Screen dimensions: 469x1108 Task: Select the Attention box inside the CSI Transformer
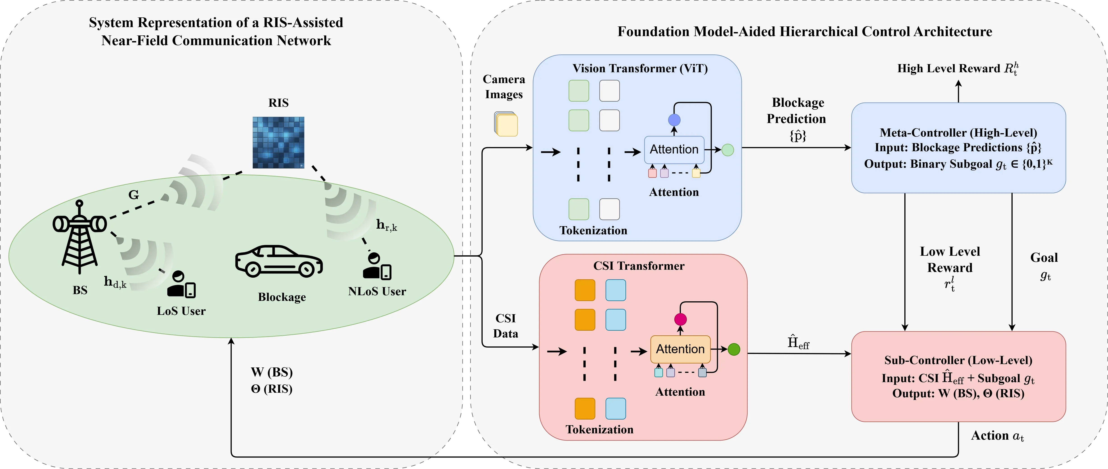tap(680, 349)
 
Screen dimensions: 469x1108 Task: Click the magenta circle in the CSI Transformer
tap(680, 319)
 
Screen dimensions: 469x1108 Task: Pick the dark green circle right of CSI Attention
tap(734, 349)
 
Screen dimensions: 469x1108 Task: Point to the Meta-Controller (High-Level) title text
tap(958, 132)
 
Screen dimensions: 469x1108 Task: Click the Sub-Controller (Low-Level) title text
tap(958, 360)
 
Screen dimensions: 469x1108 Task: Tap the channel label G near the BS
tap(134, 195)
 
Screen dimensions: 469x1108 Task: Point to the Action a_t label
tap(997, 436)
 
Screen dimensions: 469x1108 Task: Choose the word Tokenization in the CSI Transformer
tap(599, 430)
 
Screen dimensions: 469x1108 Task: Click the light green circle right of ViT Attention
tap(727, 150)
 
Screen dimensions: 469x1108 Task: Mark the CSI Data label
tap(505, 326)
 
